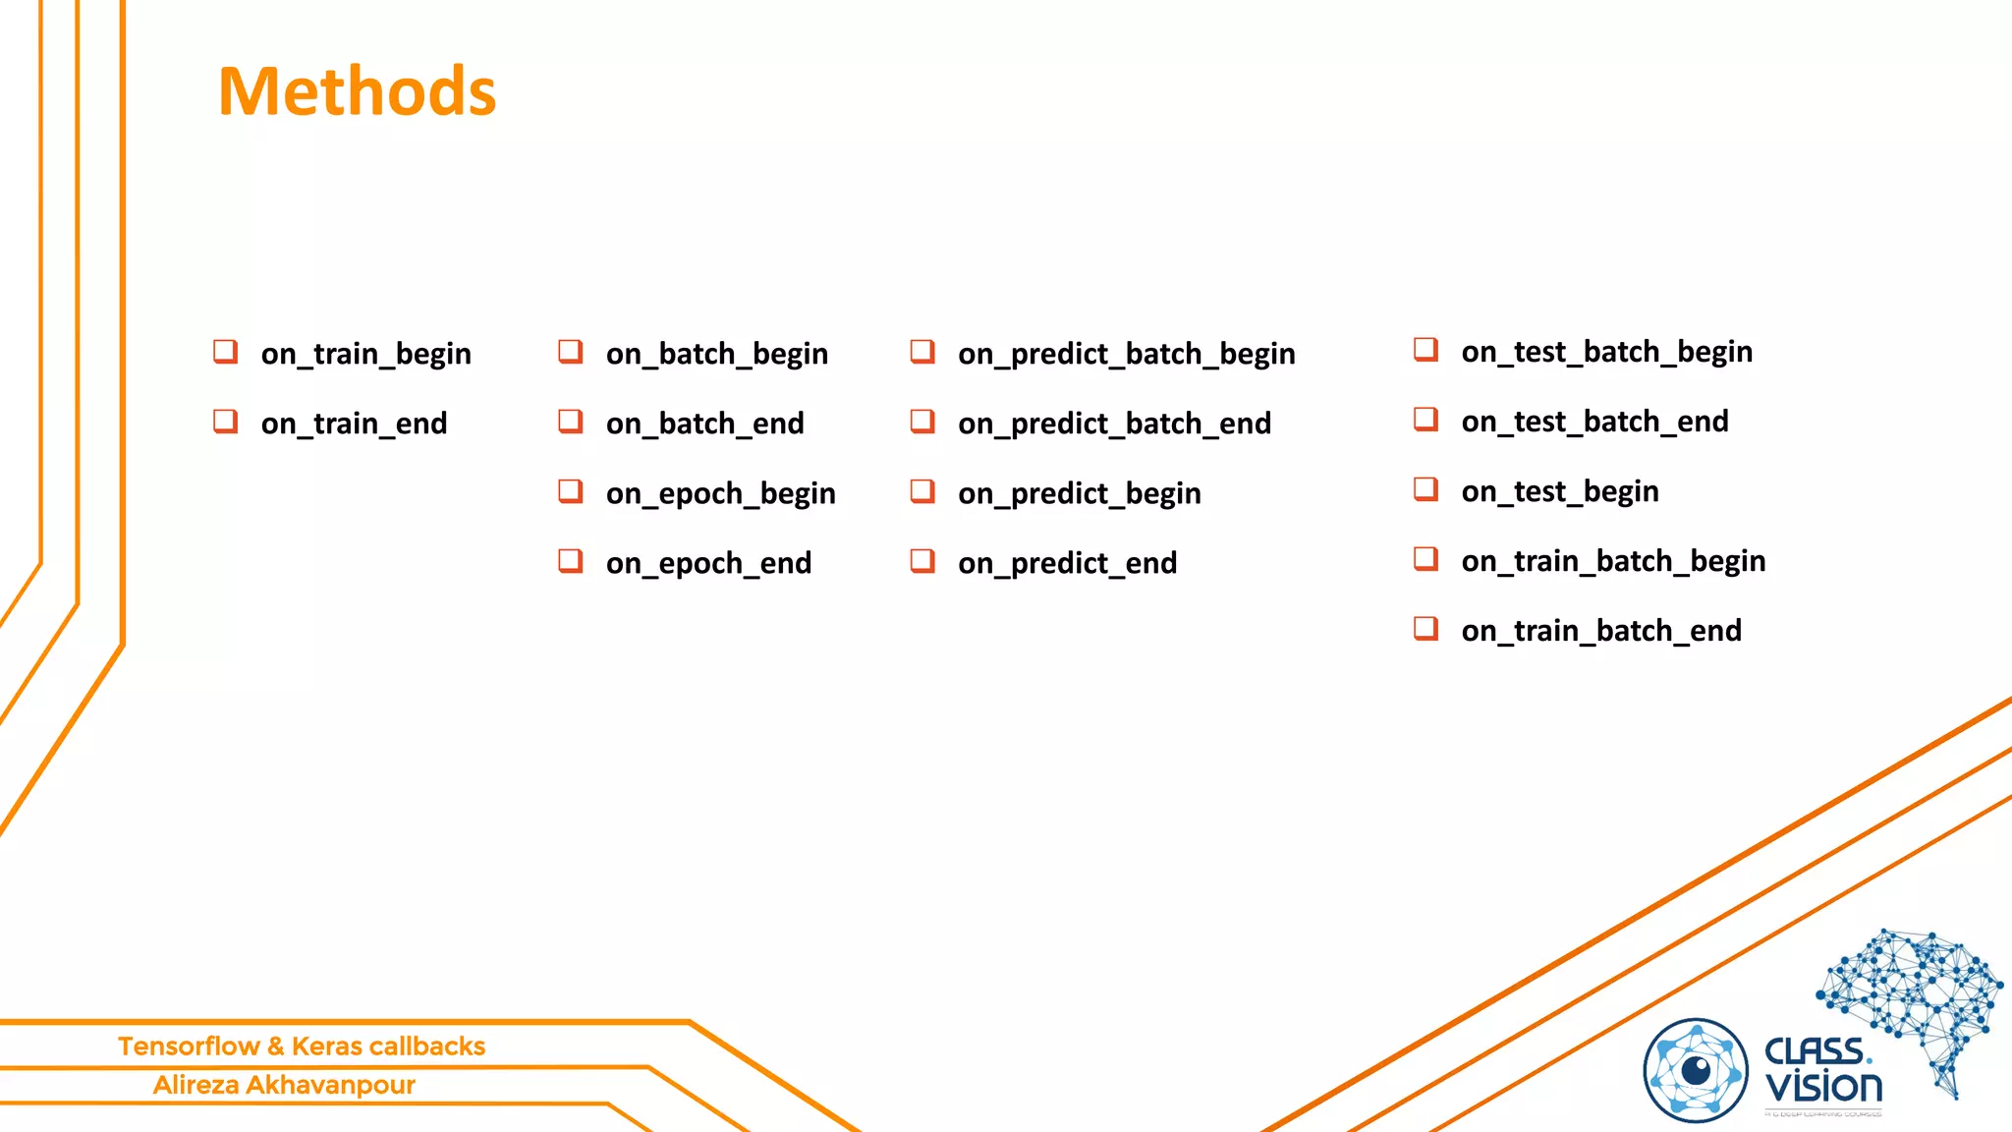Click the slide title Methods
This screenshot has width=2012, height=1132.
[x=357, y=91]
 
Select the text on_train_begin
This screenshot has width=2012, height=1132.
[x=365, y=354]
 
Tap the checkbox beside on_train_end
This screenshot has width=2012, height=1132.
[x=226, y=422]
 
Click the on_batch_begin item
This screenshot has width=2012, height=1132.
[x=716, y=354]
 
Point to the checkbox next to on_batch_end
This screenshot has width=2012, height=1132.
[x=571, y=422]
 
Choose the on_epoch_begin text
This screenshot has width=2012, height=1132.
[x=720, y=493]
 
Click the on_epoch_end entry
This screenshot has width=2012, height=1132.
[x=708, y=563]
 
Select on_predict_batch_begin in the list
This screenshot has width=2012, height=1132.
[x=1126, y=354]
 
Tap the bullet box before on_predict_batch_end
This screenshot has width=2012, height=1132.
[x=922, y=422]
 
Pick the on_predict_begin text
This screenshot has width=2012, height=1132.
[x=1079, y=493]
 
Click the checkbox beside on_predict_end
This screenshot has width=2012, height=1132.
[x=922, y=561]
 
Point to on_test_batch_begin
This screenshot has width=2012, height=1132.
[x=1606, y=352]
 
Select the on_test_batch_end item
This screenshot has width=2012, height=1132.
[x=1594, y=422]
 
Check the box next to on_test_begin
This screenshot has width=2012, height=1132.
[x=1425, y=489]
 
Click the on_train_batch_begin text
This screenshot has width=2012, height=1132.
[x=1613, y=561]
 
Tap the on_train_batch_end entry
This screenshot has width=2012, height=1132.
[x=1601, y=631]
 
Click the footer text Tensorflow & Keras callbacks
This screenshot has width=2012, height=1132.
[x=302, y=1047]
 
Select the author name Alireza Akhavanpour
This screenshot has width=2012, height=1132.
[x=284, y=1085]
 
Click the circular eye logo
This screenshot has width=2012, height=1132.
[x=1696, y=1070]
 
